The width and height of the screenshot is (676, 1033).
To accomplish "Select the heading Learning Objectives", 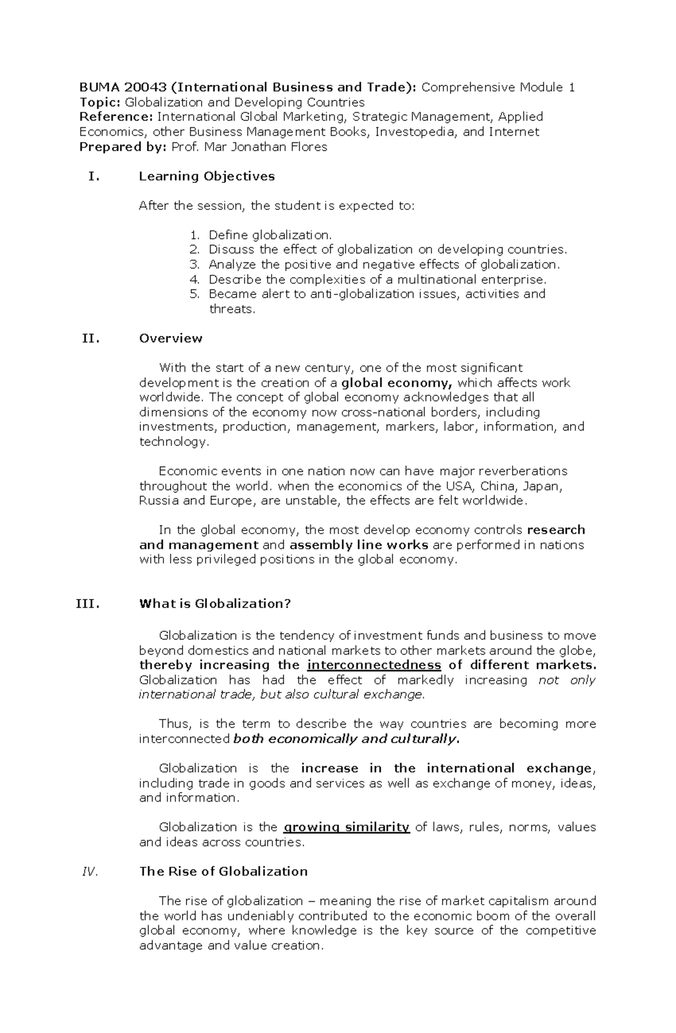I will click(x=206, y=176).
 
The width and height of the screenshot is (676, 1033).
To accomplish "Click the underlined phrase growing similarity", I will click(x=346, y=827).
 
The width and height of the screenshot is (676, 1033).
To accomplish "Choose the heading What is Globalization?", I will click(x=215, y=603).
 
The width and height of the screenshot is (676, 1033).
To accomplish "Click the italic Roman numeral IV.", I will click(x=90, y=871).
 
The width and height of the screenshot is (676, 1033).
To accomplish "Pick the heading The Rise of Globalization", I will click(x=223, y=871).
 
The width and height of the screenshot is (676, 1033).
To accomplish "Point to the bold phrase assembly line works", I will click(x=359, y=545).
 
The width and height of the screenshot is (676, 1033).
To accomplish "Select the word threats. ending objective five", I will click(x=232, y=309).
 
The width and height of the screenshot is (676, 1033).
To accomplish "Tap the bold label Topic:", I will click(x=100, y=102).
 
